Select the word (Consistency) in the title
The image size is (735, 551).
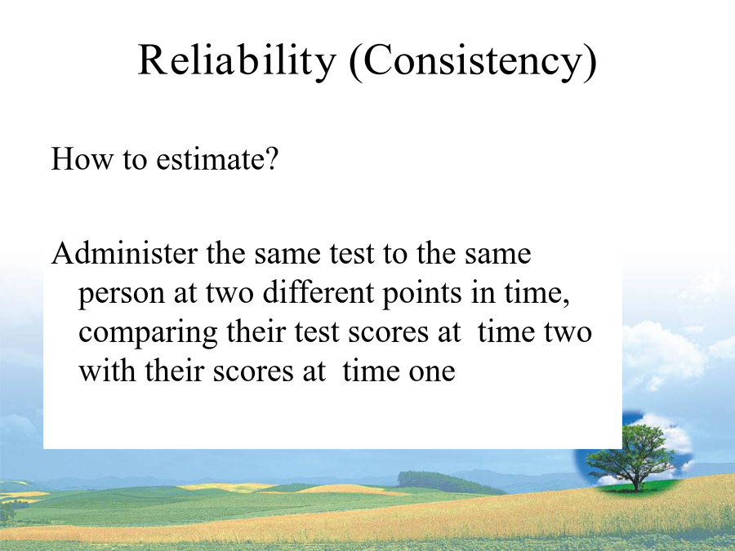[x=474, y=62]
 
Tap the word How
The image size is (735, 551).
[x=82, y=158]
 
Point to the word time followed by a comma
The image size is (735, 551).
[x=532, y=294]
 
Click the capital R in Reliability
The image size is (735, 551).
[x=153, y=60]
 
